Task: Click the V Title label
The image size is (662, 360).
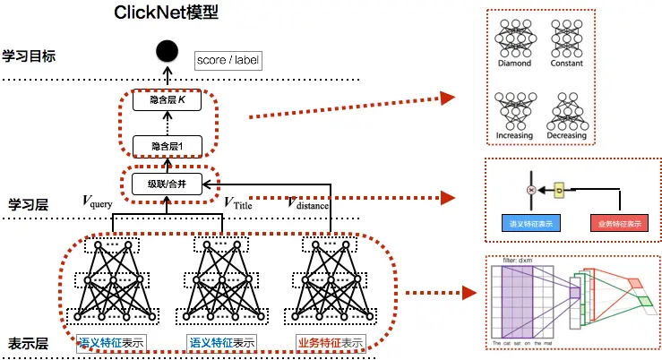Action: point(239,202)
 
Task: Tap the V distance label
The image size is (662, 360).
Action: point(307,203)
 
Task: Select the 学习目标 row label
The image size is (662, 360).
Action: point(30,56)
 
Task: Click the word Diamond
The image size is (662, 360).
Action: point(514,64)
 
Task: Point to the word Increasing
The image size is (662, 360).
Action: point(514,135)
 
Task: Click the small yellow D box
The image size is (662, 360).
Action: point(559,189)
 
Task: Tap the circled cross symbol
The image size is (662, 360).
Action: point(532,189)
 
